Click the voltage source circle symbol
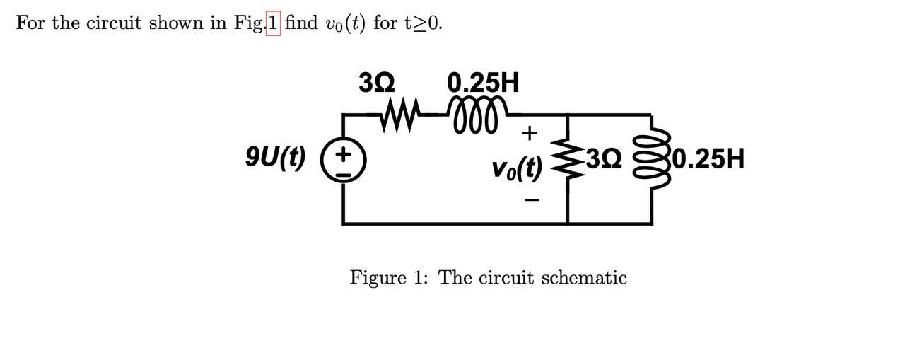[343, 161]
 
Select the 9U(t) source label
[275, 156]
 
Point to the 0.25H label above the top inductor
[484, 83]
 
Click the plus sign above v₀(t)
[530, 133]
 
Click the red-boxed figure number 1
[274, 23]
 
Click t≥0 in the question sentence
[424, 23]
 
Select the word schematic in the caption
[583, 278]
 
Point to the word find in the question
[302, 23]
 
